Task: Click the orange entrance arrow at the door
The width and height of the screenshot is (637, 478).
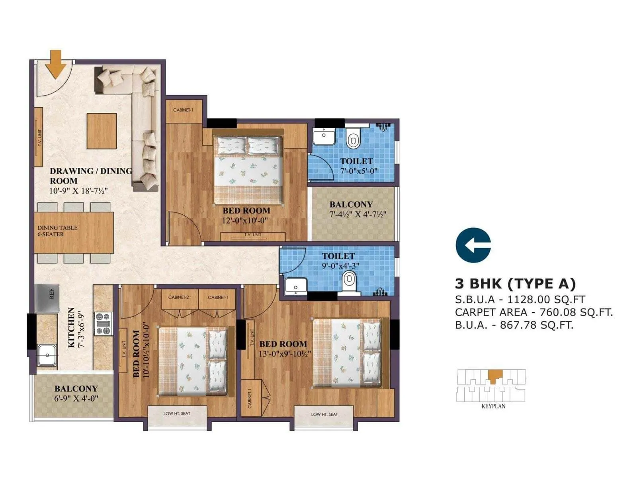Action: (55, 64)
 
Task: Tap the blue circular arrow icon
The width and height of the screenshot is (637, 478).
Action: (473, 245)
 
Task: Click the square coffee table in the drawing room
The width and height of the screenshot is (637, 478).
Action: (102, 131)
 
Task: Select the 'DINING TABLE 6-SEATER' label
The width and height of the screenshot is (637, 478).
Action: (57, 231)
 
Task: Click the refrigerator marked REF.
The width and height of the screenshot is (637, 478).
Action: (47, 298)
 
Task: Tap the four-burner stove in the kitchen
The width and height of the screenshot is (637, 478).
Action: (103, 324)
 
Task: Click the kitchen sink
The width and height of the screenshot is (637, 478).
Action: (47, 355)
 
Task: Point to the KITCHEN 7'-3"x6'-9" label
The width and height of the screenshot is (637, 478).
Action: (76, 327)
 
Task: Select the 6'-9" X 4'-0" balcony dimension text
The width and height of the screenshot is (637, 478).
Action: (76, 398)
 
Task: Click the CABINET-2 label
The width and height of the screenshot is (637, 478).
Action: (178, 297)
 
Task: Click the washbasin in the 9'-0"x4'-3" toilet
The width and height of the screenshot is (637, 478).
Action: (296, 286)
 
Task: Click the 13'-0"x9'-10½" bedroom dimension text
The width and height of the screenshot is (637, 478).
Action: (285, 354)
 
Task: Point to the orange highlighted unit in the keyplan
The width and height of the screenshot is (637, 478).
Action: (495, 376)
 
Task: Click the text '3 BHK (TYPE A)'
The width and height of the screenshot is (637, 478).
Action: (515, 284)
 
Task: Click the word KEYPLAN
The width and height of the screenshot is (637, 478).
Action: (493, 406)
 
